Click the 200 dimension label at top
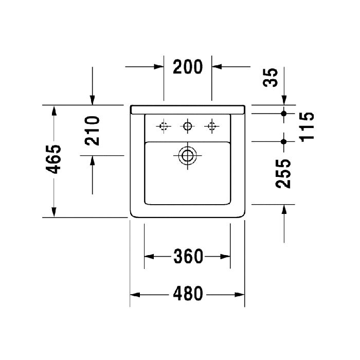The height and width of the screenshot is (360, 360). click(188, 67)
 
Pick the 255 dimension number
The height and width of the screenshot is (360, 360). click(283, 173)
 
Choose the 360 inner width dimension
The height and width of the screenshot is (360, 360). click(188, 256)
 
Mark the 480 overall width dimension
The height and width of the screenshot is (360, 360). click(187, 295)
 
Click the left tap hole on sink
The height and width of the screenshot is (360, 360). click(164, 126)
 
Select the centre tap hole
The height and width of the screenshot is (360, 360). click(188, 126)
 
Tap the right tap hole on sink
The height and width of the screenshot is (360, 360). click(211, 126)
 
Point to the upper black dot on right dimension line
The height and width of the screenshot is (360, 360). click(283, 113)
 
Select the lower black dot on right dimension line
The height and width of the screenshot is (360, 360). click(283, 140)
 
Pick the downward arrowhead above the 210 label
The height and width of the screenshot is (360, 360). click(93, 99)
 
